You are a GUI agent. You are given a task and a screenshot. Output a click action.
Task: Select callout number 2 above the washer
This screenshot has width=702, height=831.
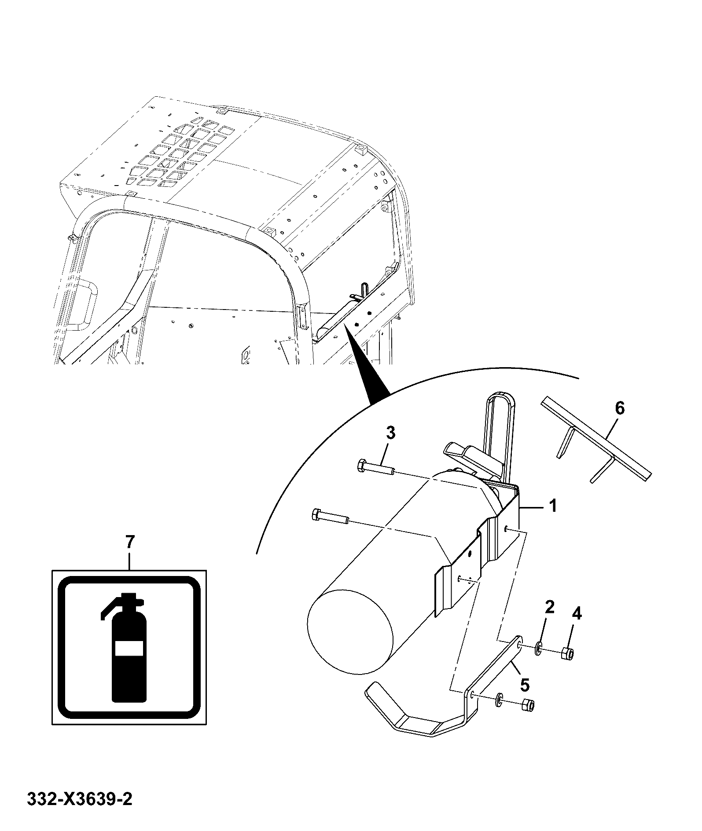pyautogui.click(x=550, y=607)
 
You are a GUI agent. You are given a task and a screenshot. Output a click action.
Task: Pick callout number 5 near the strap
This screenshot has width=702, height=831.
pyautogui.click(x=525, y=685)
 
